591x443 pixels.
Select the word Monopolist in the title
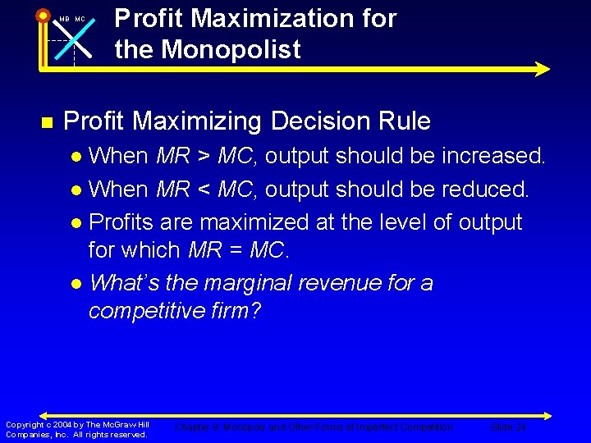coord(231,50)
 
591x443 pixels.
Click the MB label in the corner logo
coord(64,19)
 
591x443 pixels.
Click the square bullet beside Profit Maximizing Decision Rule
coord(46,122)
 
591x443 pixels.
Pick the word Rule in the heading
coord(403,121)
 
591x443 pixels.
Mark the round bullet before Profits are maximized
coord(76,223)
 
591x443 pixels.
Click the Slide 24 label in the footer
coord(507,427)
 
